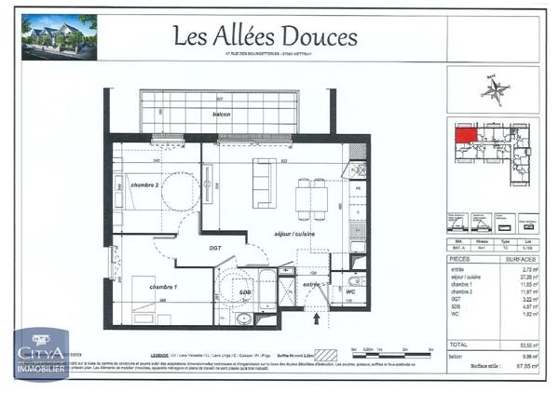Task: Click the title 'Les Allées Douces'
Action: coord(266,35)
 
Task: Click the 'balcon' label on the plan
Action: coord(222,114)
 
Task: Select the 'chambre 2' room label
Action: coord(144,185)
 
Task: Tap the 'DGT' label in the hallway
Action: coord(214,248)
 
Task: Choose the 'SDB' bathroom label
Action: coord(245,292)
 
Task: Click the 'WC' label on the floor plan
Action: coord(350,292)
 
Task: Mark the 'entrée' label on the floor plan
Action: coord(311,284)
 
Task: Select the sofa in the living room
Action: coord(265,183)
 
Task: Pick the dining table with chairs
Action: coord(311,196)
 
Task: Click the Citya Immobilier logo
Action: coord(39,356)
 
